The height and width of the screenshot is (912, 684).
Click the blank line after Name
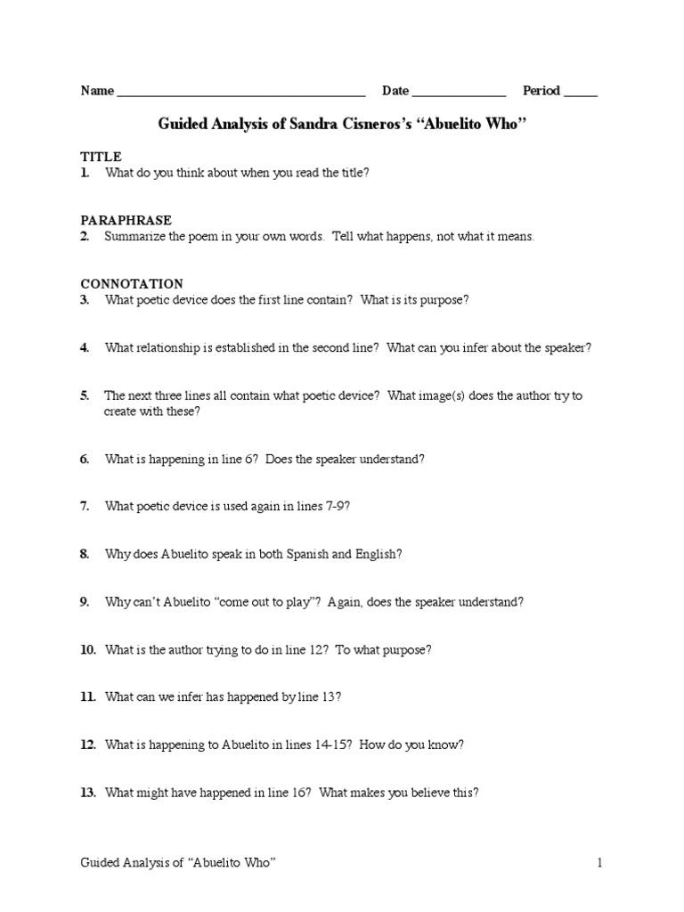pos(240,94)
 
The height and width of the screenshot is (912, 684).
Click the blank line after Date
pos(459,94)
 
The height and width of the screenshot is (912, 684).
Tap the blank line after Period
pos(581,94)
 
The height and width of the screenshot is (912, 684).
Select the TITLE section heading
pos(101,157)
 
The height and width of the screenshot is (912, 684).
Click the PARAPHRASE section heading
pos(126,220)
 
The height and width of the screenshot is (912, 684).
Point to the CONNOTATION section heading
pos(132,283)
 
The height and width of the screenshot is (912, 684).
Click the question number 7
pos(85,506)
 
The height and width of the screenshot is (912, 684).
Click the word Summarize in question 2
pos(135,237)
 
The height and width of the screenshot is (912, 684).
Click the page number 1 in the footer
pos(600,863)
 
